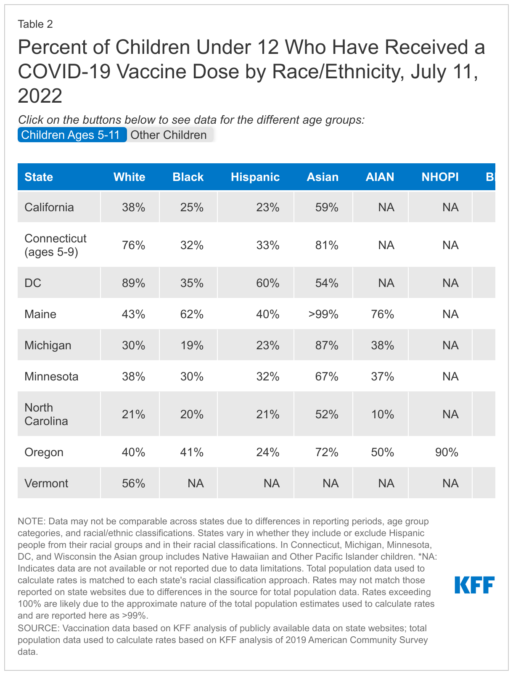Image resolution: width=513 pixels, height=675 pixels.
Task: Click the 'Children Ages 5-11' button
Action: tap(71, 135)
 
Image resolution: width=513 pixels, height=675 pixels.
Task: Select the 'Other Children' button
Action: tap(169, 135)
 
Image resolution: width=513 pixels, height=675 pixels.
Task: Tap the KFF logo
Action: tap(474, 585)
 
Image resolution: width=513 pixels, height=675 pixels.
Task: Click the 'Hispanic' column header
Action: tap(255, 177)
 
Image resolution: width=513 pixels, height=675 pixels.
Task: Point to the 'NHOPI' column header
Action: tap(440, 177)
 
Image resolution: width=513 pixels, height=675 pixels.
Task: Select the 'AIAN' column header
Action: tap(380, 177)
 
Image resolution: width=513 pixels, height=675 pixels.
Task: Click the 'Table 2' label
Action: tap(35, 24)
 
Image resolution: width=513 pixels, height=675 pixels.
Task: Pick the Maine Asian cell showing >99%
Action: tap(323, 314)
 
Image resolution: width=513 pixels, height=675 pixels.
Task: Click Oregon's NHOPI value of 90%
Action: tap(447, 452)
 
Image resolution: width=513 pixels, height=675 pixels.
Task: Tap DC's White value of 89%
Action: tap(134, 283)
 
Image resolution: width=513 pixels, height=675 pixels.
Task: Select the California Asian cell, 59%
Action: tap(327, 207)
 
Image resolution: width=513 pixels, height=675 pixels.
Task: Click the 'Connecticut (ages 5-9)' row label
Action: tap(55, 245)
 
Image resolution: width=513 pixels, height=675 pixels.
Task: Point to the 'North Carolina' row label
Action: tap(46, 414)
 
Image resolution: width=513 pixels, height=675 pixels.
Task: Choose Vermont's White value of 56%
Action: tap(134, 483)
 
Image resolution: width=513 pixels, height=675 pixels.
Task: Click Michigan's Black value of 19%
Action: tap(192, 345)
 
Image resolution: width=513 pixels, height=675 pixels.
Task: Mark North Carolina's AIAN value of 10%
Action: tap(382, 415)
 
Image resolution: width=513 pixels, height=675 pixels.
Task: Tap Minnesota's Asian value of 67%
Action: tap(327, 376)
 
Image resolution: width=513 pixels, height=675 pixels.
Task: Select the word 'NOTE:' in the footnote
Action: tap(31, 521)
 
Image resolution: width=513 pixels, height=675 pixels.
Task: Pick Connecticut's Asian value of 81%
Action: tap(327, 245)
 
